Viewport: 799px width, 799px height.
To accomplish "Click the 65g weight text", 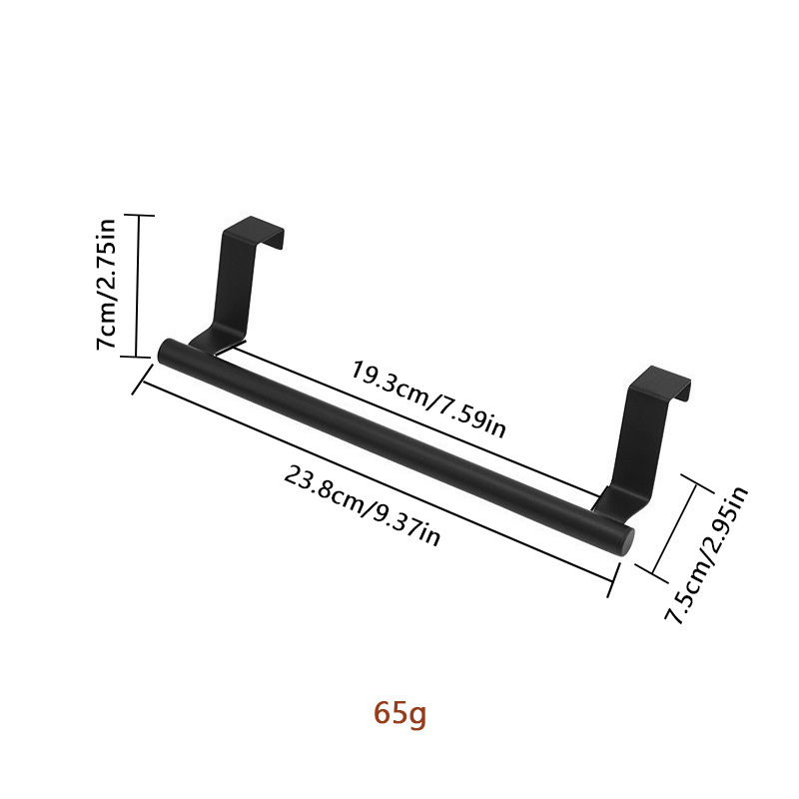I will [399, 714].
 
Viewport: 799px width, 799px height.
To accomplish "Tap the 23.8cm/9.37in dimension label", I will [362, 506].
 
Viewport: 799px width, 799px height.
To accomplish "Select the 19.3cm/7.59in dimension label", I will [427, 399].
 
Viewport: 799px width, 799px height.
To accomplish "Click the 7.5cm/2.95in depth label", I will [707, 554].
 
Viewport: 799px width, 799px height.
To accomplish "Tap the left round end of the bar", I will [166, 351].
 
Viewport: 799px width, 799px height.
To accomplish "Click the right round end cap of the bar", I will [623, 537].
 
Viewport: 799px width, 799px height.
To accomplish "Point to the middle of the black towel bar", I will [395, 444].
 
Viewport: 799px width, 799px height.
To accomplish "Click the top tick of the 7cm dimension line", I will [138, 215].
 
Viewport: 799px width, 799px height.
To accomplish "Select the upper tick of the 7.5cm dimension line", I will [697, 481].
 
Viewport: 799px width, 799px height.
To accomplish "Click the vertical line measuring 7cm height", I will [138, 284].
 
